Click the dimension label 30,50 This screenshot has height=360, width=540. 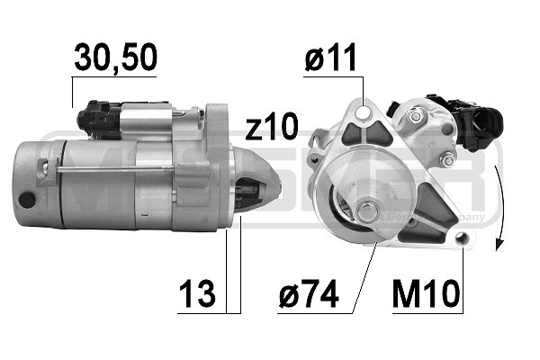[115, 58]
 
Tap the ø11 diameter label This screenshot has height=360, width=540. [330, 58]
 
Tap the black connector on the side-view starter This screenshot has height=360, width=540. [98, 117]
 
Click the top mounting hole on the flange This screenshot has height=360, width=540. [363, 114]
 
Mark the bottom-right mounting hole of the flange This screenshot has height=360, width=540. [463, 238]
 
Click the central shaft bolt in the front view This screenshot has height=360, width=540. [366, 212]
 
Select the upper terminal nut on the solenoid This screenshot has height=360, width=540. [415, 117]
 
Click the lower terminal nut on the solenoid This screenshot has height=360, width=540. [447, 160]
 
